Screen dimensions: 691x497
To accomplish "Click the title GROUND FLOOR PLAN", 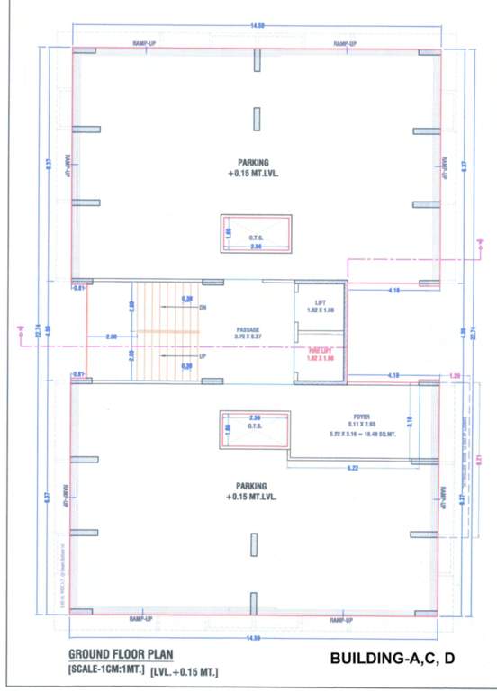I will (x=122, y=654).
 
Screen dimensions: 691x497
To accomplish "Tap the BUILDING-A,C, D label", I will (x=393, y=660).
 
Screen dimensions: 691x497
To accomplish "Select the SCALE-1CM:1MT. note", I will (x=106, y=671).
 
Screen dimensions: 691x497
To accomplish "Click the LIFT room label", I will (x=320, y=303).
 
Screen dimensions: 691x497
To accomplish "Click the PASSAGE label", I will (x=248, y=329).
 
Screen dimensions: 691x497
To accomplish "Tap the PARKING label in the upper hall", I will (x=254, y=163).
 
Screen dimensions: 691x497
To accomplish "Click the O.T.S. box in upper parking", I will (x=257, y=235).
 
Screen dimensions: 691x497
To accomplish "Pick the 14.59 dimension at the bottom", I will (x=256, y=638).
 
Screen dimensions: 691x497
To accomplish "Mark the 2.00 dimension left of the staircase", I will (x=111, y=337).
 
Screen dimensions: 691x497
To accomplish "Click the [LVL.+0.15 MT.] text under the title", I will (x=185, y=672).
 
